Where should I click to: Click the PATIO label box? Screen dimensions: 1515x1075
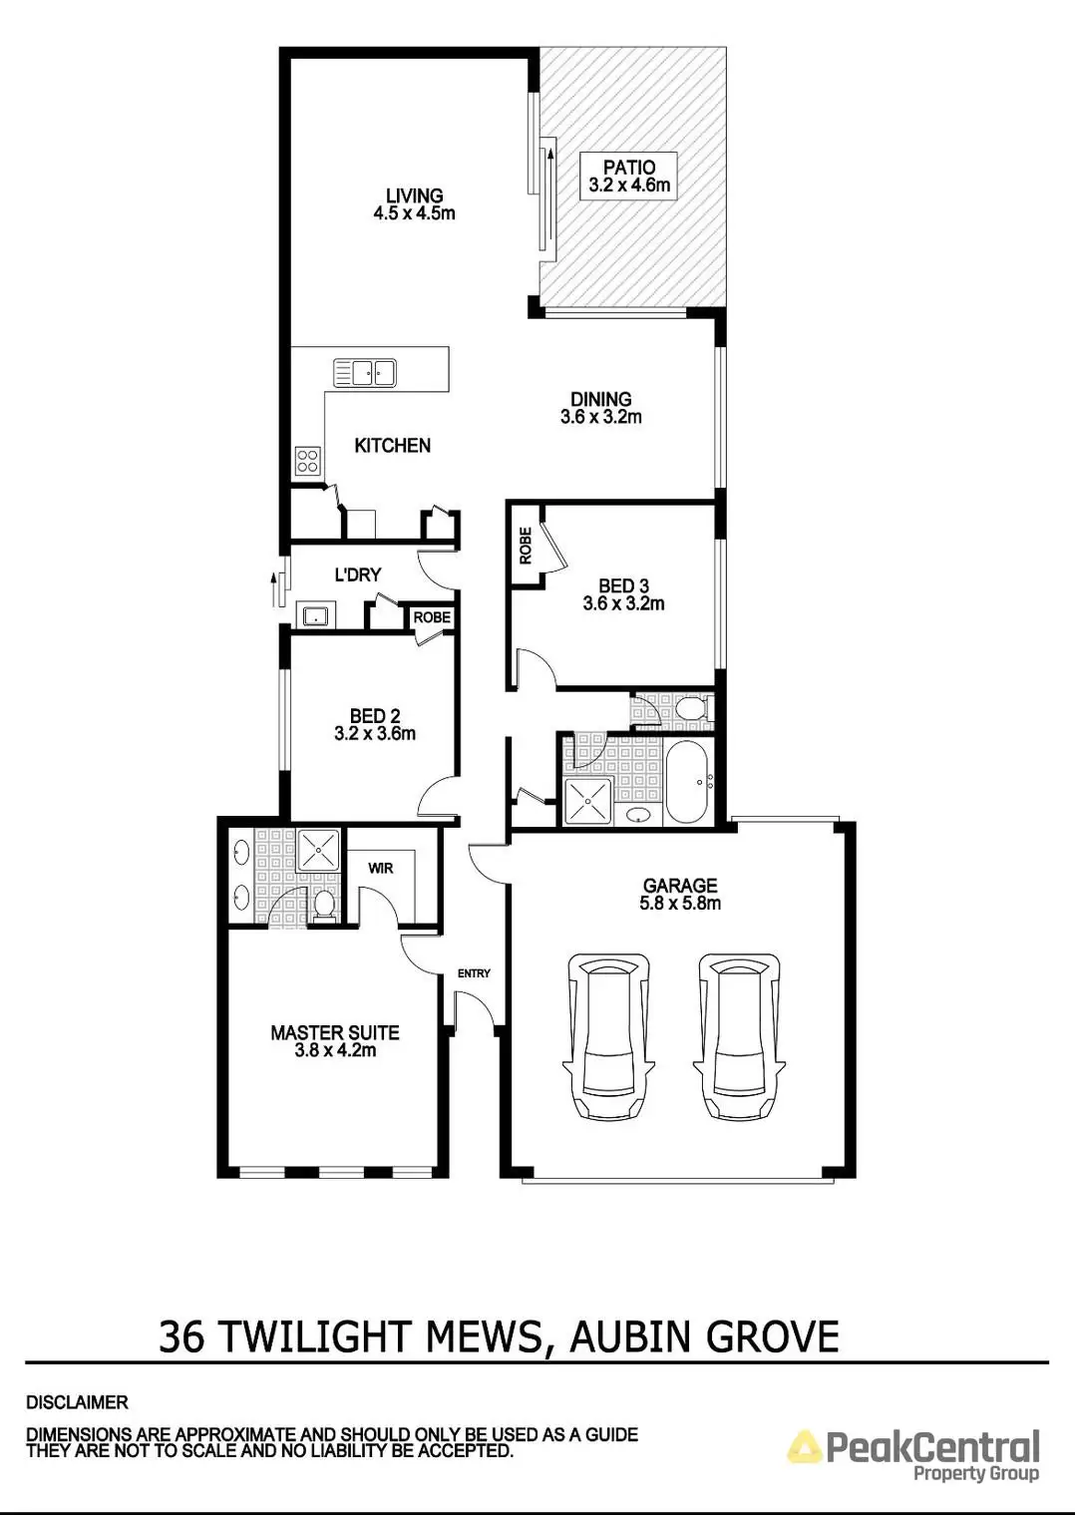(x=629, y=177)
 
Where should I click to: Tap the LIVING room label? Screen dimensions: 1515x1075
(x=414, y=204)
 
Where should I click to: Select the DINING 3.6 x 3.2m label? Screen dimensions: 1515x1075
(x=600, y=408)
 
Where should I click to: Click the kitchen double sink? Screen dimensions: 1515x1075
(x=365, y=373)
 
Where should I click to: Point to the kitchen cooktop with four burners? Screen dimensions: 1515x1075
(x=307, y=460)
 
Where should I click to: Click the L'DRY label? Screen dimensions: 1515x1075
(x=357, y=574)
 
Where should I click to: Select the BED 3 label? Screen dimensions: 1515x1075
(x=623, y=594)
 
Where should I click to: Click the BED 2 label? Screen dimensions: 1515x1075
(x=375, y=724)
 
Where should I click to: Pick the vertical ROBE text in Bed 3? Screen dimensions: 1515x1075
(x=525, y=545)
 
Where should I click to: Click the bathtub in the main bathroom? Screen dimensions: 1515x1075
(x=688, y=781)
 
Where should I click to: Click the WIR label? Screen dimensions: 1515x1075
(x=381, y=868)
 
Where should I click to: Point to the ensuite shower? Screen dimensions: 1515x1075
(x=319, y=850)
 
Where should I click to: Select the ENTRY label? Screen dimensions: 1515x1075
(x=474, y=973)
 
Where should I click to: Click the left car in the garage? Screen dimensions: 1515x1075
(x=607, y=1037)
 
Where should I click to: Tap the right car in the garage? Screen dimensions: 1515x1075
(x=738, y=1037)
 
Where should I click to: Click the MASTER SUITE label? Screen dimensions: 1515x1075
(x=335, y=1041)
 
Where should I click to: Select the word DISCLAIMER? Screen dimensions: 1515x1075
(x=77, y=1402)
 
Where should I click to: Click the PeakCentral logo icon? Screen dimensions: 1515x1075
(x=805, y=1446)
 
